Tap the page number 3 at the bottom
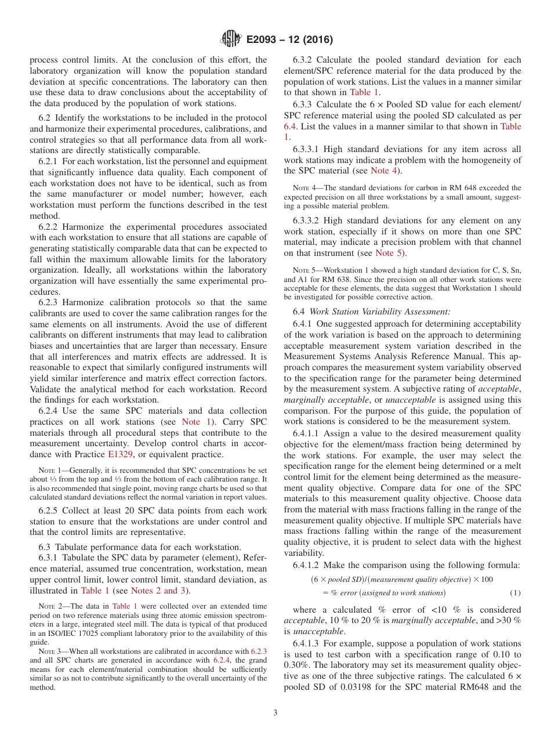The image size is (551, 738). pos(275,712)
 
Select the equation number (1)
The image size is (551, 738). pos(514,593)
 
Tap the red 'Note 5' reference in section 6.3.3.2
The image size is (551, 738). pos(387,253)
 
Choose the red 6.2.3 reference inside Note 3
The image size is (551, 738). pos(258,652)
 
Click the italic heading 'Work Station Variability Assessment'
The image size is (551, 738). pos(380,312)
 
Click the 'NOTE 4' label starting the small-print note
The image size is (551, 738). pos(304,187)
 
